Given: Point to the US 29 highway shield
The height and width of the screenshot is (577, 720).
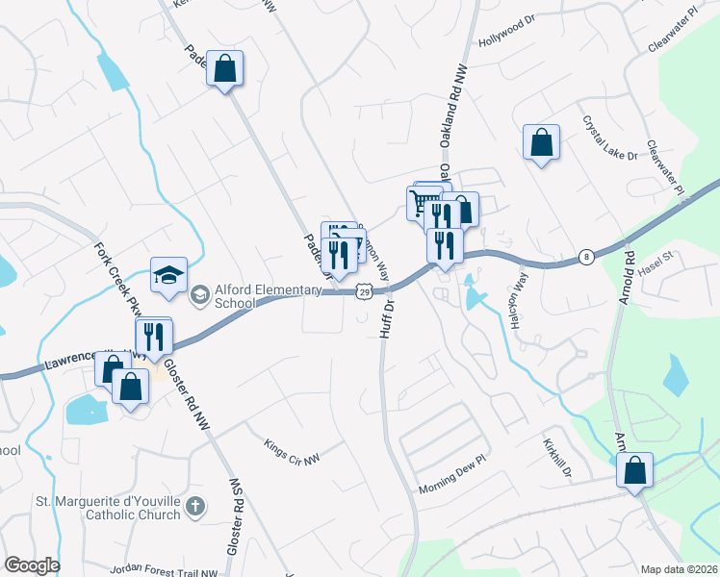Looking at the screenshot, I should tap(363, 290).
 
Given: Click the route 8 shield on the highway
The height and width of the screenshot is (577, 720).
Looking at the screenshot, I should tap(586, 257).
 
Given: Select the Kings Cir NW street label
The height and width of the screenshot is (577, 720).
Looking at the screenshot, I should tap(291, 450).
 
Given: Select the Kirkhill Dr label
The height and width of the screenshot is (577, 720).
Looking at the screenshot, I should tap(557, 460).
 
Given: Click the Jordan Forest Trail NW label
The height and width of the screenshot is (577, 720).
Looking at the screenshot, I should tap(164, 568).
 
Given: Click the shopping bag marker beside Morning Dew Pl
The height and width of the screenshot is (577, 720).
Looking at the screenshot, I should tap(634, 470).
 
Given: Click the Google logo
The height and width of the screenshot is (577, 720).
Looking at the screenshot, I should tap(32, 565).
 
